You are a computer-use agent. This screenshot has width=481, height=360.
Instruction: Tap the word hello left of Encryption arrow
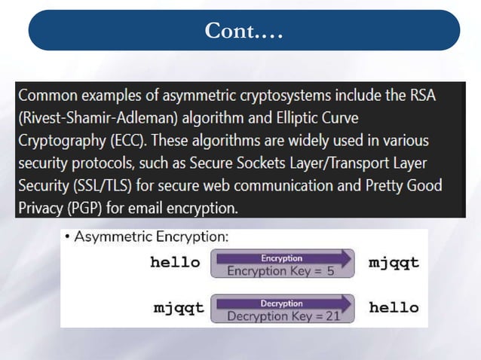coord(175,263)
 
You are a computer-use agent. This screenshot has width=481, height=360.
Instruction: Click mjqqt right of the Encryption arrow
coord(394,263)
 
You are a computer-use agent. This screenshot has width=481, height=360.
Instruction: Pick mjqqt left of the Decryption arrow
coord(179,308)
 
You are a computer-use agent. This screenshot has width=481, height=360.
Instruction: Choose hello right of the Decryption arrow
coord(394,308)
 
